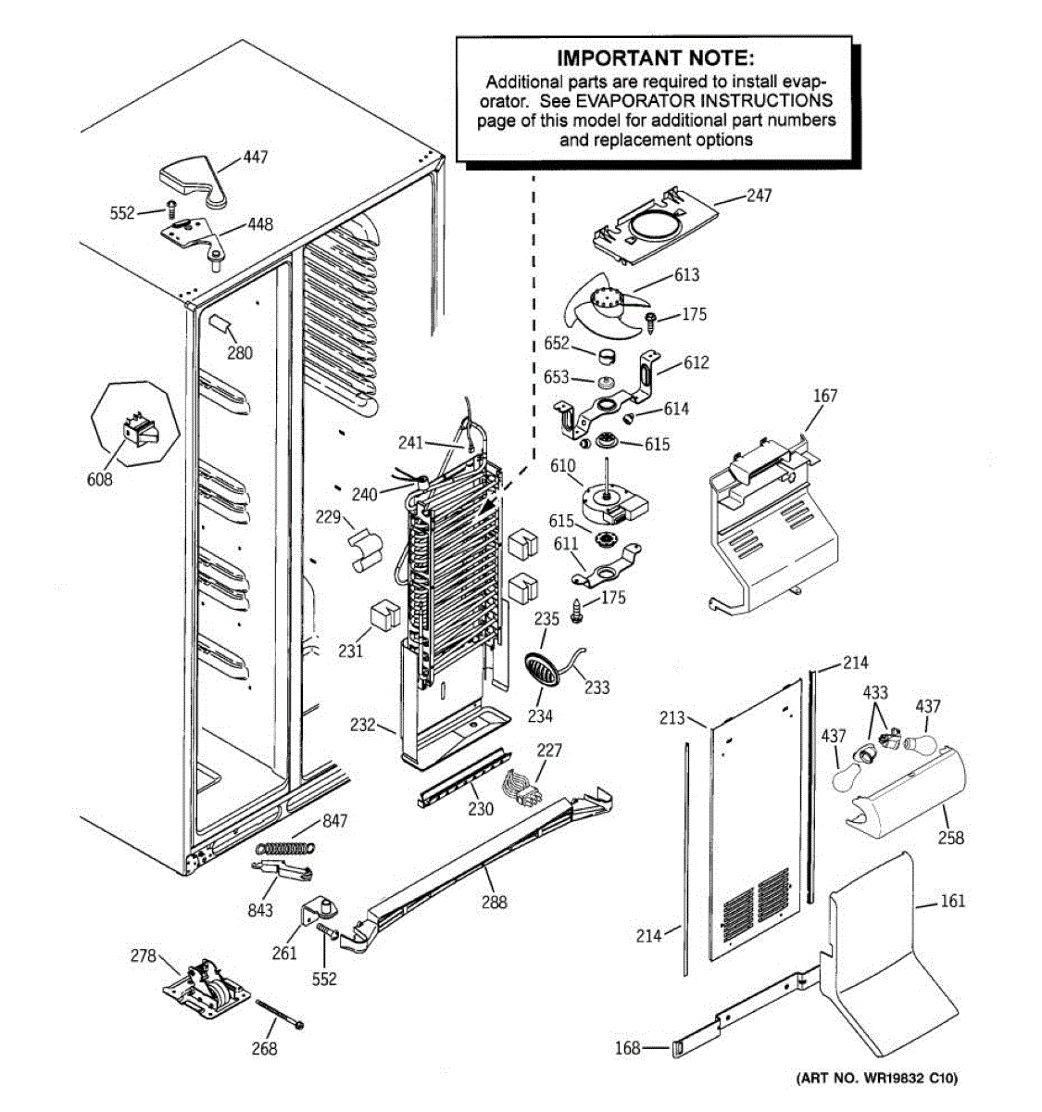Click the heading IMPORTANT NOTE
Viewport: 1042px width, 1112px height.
[655, 57]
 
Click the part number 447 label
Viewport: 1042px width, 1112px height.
[256, 158]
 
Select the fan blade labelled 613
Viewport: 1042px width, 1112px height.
[606, 306]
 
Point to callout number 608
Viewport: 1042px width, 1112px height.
[100, 479]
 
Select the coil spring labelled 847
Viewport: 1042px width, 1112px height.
[285, 849]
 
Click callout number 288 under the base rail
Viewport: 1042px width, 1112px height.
[495, 902]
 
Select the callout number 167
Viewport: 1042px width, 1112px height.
[825, 396]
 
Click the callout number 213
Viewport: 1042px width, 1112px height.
[672, 717]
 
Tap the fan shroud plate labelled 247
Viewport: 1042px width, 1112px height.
[655, 227]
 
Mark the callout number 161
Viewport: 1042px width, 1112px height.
[952, 901]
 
